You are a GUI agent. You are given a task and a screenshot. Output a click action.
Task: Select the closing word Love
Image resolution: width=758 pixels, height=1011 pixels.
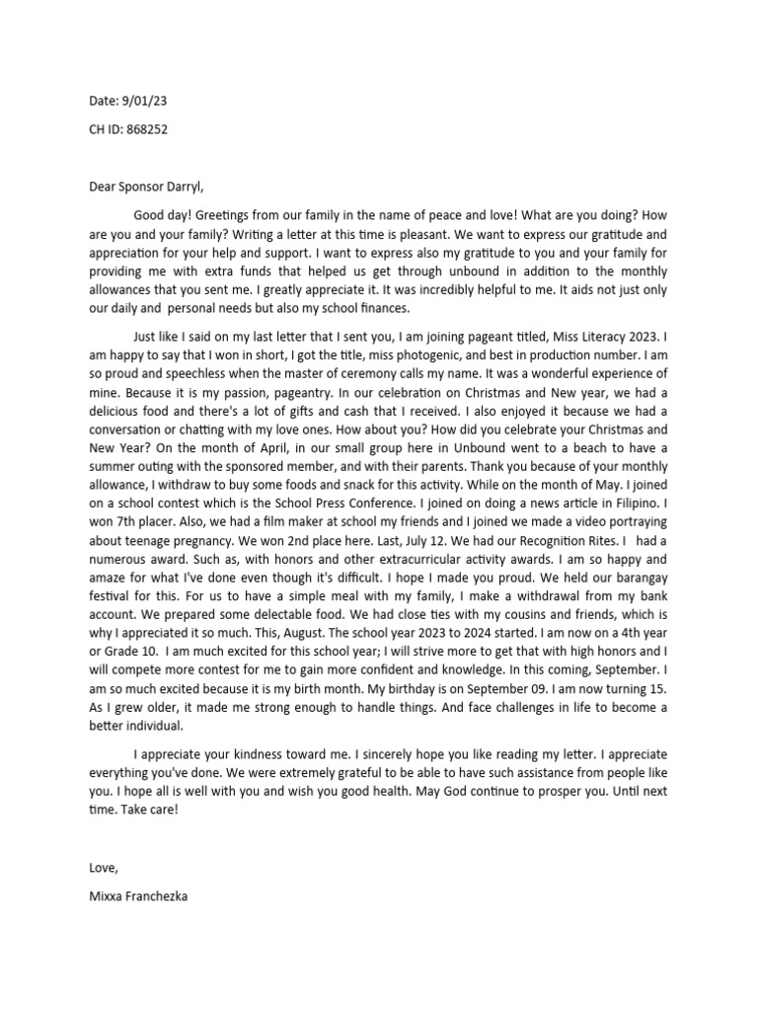click(x=101, y=868)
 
